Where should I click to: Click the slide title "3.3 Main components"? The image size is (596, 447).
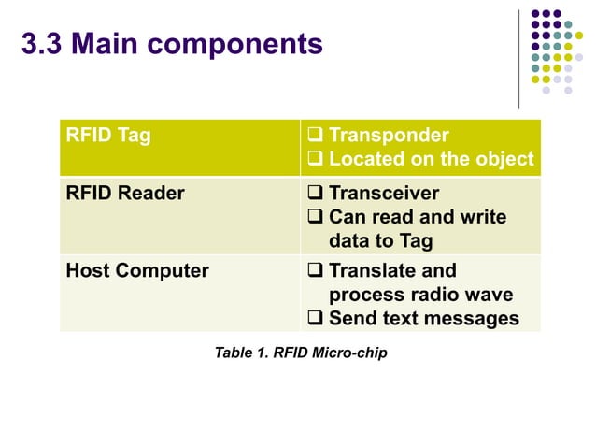pyautogui.click(x=172, y=44)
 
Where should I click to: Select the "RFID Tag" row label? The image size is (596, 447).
pyautogui.click(x=107, y=136)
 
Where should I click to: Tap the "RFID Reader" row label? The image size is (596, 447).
pyautogui.click(x=124, y=194)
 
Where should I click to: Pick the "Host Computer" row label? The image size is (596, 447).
pyautogui.click(x=136, y=271)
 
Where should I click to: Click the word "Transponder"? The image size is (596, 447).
pyautogui.click(x=389, y=136)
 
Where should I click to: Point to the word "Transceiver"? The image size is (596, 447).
pyautogui.click(x=384, y=194)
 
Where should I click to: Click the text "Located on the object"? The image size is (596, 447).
pyautogui.click(x=432, y=159)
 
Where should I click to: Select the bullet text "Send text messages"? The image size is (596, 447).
pyautogui.click(x=423, y=318)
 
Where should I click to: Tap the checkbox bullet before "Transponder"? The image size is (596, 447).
pyautogui.click(x=316, y=136)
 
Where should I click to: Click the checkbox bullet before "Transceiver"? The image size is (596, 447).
pyautogui.click(x=316, y=194)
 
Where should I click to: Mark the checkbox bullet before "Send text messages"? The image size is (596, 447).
pyautogui.click(x=316, y=318)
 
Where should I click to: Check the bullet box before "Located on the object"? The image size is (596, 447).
pyautogui.click(x=316, y=159)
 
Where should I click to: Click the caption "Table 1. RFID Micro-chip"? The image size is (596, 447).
pyautogui.click(x=300, y=353)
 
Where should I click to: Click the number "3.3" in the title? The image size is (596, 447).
pyautogui.click(x=43, y=44)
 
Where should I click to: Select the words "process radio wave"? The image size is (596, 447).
pyautogui.click(x=420, y=295)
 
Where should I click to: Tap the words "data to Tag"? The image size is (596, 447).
pyautogui.click(x=380, y=240)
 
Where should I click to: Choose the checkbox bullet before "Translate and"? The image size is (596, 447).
pyautogui.click(x=316, y=271)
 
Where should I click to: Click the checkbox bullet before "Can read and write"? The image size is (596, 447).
pyautogui.click(x=316, y=217)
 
